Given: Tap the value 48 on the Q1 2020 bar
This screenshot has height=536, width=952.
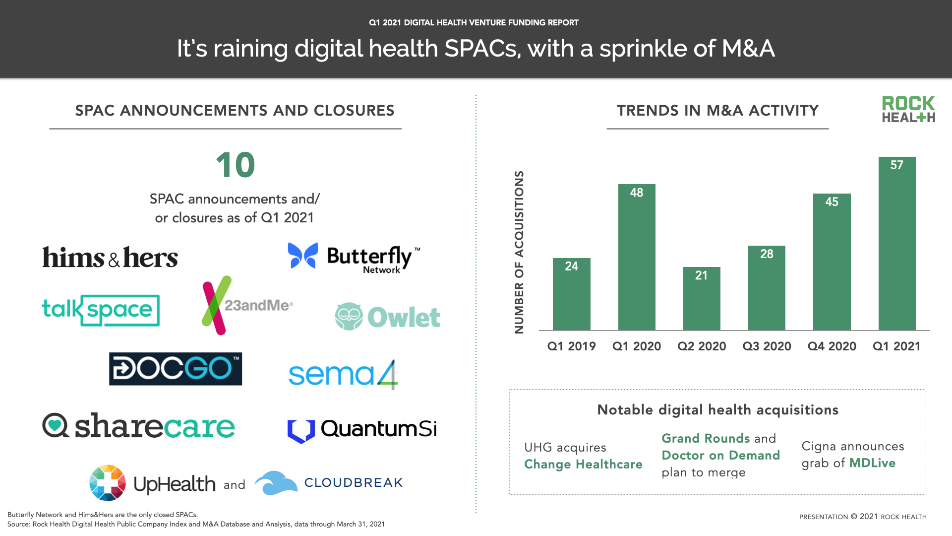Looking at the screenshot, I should pyautogui.click(x=636, y=193).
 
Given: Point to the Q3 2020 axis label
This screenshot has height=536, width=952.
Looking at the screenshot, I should pyautogui.click(x=767, y=346).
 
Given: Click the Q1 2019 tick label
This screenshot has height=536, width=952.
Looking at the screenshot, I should pyautogui.click(x=571, y=346).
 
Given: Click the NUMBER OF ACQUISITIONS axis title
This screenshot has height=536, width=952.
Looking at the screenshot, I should pyautogui.click(x=519, y=252).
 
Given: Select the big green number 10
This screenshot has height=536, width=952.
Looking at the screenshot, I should pyautogui.click(x=235, y=165).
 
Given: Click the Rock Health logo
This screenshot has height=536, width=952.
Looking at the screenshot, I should pyautogui.click(x=908, y=109).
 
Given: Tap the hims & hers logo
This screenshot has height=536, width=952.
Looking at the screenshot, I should pyautogui.click(x=110, y=258).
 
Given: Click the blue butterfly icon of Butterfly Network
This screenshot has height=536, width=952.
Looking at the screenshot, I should pyautogui.click(x=303, y=256).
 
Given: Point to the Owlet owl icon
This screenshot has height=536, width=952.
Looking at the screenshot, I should pyautogui.click(x=349, y=317).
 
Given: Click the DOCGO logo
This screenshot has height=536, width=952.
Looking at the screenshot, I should pyautogui.click(x=176, y=369).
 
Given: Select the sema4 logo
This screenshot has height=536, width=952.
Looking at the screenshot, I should pyautogui.click(x=343, y=375).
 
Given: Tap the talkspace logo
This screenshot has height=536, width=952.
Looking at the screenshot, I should pyautogui.click(x=101, y=310).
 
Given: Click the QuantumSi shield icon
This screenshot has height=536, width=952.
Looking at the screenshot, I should pyautogui.click(x=301, y=430).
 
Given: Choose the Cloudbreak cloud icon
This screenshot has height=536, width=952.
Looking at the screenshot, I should pyautogui.click(x=276, y=483).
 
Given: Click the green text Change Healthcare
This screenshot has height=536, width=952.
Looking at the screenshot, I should pyautogui.click(x=583, y=465).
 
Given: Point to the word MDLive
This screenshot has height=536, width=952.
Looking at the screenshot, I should pyautogui.click(x=872, y=463).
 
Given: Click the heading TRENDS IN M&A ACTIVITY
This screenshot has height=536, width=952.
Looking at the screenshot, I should pyautogui.click(x=717, y=111).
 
